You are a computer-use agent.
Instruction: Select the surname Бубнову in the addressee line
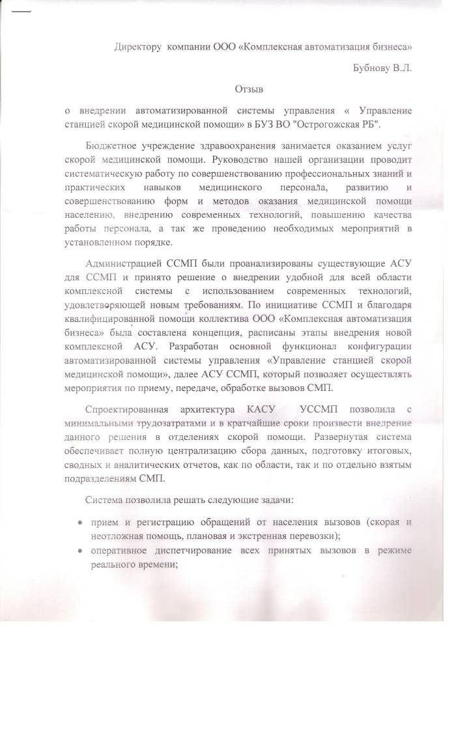(371, 67)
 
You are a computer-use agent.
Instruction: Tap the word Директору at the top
(138, 47)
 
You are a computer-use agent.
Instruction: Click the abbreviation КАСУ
(263, 409)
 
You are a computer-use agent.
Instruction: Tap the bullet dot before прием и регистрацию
(80, 523)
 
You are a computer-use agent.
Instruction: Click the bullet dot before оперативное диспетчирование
(80, 551)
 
